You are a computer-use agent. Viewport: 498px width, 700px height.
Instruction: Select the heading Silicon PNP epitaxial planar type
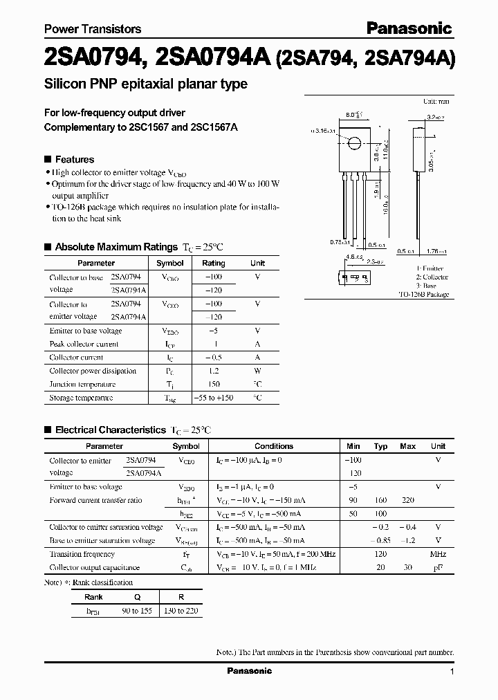tap(146, 84)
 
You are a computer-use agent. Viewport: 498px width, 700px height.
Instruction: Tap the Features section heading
tap(74, 159)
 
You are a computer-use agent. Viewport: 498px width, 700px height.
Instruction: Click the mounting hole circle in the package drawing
tap(354, 143)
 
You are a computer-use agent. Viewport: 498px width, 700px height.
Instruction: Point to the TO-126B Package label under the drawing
tap(423, 295)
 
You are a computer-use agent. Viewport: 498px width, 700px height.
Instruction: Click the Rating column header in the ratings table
tap(213, 263)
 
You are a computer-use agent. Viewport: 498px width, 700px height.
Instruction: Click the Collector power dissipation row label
tap(93, 371)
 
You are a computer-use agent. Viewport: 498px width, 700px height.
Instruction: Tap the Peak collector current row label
tap(84, 344)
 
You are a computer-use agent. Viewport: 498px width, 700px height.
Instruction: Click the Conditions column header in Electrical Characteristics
tap(274, 446)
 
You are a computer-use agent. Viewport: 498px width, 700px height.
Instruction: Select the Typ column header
tap(380, 446)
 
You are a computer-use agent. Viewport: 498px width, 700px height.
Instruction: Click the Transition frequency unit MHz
tap(438, 554)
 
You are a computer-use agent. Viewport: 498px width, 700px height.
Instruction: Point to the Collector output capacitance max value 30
tap(408, 567)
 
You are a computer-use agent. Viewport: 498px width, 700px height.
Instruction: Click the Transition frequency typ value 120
tap(380, 554)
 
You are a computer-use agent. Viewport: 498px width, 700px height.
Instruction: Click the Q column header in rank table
tap(137, 597)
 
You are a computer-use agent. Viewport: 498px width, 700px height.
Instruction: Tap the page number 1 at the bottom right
tap(452, 672)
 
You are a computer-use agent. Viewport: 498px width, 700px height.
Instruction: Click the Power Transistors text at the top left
tap(93, 29)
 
